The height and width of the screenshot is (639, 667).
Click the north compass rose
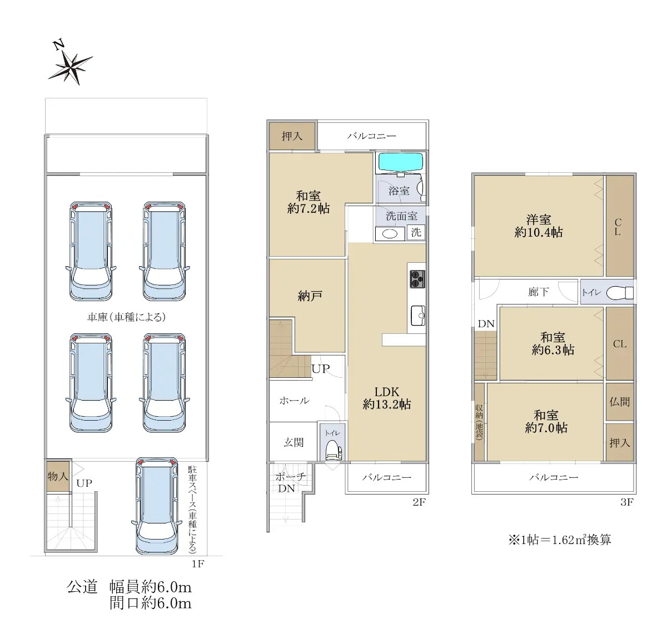tap(71, 67)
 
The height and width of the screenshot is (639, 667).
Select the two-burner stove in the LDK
tap(417, 279)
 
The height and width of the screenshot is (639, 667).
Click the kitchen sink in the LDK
tap(418, 316)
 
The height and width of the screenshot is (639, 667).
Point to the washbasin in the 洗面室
tap(390, 234)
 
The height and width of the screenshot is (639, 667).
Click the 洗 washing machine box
tap(416, 232)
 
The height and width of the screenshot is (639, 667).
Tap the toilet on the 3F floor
tap(620, 293)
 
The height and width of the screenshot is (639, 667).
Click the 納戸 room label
tap(310, 296)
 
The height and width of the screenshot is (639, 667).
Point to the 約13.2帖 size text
tap(387, 405)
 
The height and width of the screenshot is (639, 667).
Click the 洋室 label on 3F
tap(539, 219)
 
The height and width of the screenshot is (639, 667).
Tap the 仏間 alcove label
tap(620, 402)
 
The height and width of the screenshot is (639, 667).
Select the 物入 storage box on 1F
tap(58, 476)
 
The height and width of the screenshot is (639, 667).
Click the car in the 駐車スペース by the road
tap(157, 506)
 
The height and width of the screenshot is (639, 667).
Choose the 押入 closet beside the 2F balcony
tap(292, 136)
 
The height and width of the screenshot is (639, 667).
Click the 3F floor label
tap(626, 502)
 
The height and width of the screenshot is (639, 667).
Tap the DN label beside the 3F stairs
tap(486, 323)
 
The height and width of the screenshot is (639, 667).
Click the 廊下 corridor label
tap(538, 292)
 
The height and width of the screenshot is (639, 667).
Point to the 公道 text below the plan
tap(82, 587)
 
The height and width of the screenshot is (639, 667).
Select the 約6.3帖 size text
tap(553, 350)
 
